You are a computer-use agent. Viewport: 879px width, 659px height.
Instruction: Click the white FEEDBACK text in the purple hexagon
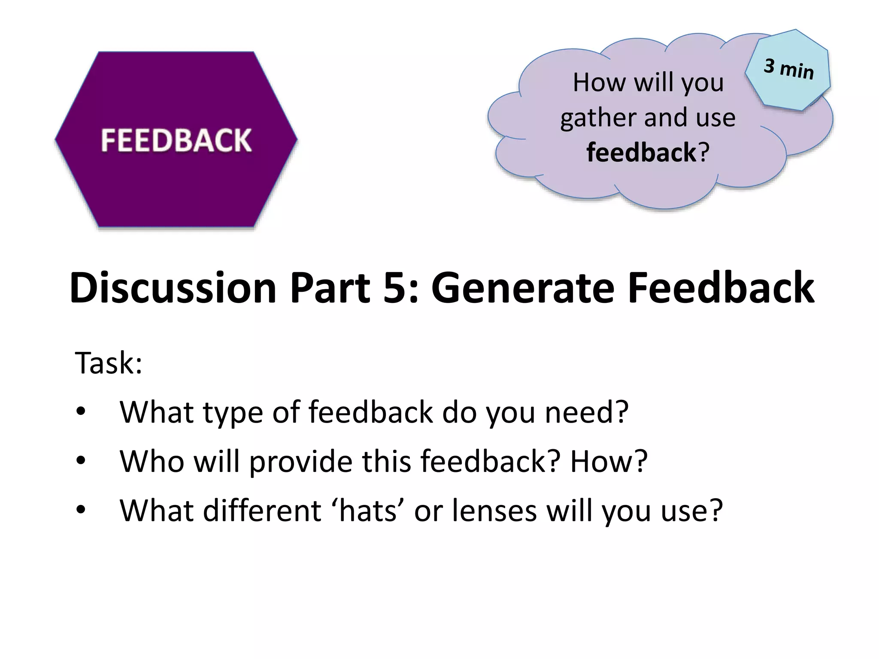[176, 140]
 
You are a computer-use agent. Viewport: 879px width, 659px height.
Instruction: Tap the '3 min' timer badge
[788, 69]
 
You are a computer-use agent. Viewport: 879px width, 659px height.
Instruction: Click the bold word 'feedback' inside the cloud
[641, 152]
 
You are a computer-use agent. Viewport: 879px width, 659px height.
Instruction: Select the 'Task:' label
[108, 363]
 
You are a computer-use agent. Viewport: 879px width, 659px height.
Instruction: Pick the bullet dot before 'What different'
[81, 511]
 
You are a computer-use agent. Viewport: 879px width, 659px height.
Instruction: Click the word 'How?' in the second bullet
[609, 461]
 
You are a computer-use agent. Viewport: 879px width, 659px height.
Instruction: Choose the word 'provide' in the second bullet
[301, 462]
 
